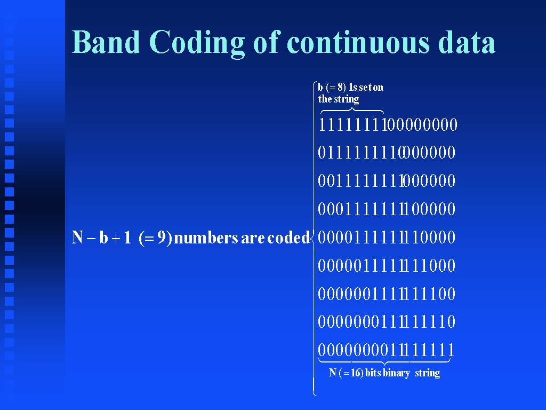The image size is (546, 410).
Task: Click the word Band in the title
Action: click(106, 42)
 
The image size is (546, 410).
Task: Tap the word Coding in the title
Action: click(197, 43)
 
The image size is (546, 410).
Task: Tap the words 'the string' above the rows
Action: click(339, 99)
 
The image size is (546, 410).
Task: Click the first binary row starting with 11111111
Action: click(388, 124)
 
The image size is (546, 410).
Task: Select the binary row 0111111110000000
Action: click(387, 152)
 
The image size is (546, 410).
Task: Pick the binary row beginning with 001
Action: click(387, 180)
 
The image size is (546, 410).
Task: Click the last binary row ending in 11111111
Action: click(386, 350)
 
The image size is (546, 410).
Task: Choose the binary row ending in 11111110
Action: click(387, 321)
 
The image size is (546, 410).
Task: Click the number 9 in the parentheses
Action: click(161, 238)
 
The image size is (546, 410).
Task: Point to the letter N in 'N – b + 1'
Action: click(77, 238)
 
